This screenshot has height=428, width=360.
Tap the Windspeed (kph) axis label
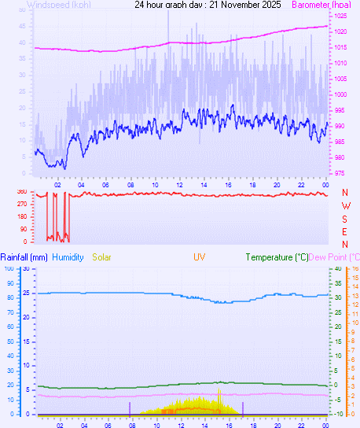(59, 5)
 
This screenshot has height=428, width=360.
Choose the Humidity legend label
(68, 257)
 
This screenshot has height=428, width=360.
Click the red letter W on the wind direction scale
(345, 206)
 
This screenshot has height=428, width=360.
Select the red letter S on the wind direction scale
(345, 219)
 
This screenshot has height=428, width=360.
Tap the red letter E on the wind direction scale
(345, 231)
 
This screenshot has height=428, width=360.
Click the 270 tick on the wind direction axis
(21, 205)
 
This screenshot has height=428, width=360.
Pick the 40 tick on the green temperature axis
(337, 268)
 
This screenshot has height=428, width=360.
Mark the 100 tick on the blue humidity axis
(9, 268)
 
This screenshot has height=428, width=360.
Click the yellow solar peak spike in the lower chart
(219, 392)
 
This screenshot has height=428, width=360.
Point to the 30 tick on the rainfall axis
(25, 268)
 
